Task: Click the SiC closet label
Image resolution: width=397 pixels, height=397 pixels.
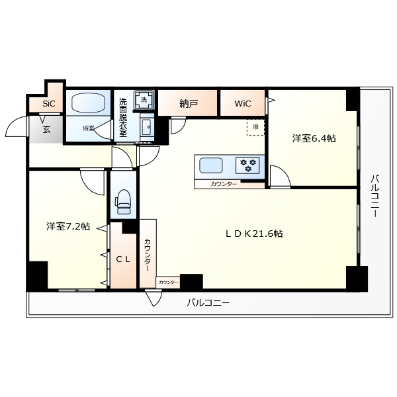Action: click(x=49, y=104)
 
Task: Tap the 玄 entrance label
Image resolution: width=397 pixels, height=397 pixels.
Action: click(x=47, y=130)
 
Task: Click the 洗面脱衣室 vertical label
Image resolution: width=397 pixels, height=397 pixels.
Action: click(x=123, y=118)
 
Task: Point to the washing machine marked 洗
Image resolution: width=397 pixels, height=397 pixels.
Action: click(x=144, y=100)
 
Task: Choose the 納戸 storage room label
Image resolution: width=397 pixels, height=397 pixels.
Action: click(x=189, y=104)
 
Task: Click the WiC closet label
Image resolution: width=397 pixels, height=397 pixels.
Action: click(x=243, y=104)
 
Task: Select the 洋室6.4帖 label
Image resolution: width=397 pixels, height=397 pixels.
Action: click(x=314, y=139)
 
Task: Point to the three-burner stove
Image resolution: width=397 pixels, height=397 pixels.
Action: click(x=249, y=164)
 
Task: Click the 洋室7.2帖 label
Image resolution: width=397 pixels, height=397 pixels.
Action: click(x=68, y=226)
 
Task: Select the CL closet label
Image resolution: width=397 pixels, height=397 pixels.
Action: click(x=123, y=259)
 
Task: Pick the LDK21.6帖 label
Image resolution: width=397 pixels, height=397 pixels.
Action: click(x=254, y=234)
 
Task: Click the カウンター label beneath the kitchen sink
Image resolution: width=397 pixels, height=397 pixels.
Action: click(x=224, y=183)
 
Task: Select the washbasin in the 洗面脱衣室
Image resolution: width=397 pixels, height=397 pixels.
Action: click(x=147, y=125)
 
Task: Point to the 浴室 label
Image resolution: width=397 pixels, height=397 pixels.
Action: click(x=88, y=128)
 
